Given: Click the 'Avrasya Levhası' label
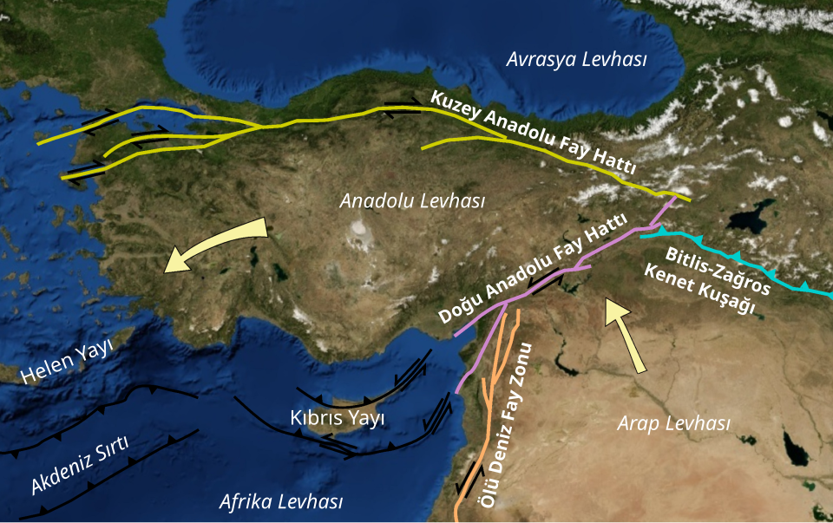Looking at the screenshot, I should [577, 60].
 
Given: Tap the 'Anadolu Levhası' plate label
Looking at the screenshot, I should [412, 200].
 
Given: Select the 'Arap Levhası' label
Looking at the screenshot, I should [673, 423].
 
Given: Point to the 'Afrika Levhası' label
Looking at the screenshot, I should [281, 501].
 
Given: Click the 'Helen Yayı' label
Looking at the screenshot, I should [68, 363].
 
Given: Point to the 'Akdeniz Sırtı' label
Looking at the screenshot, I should [80, 466].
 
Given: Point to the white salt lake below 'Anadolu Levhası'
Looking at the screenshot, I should [357, 231].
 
